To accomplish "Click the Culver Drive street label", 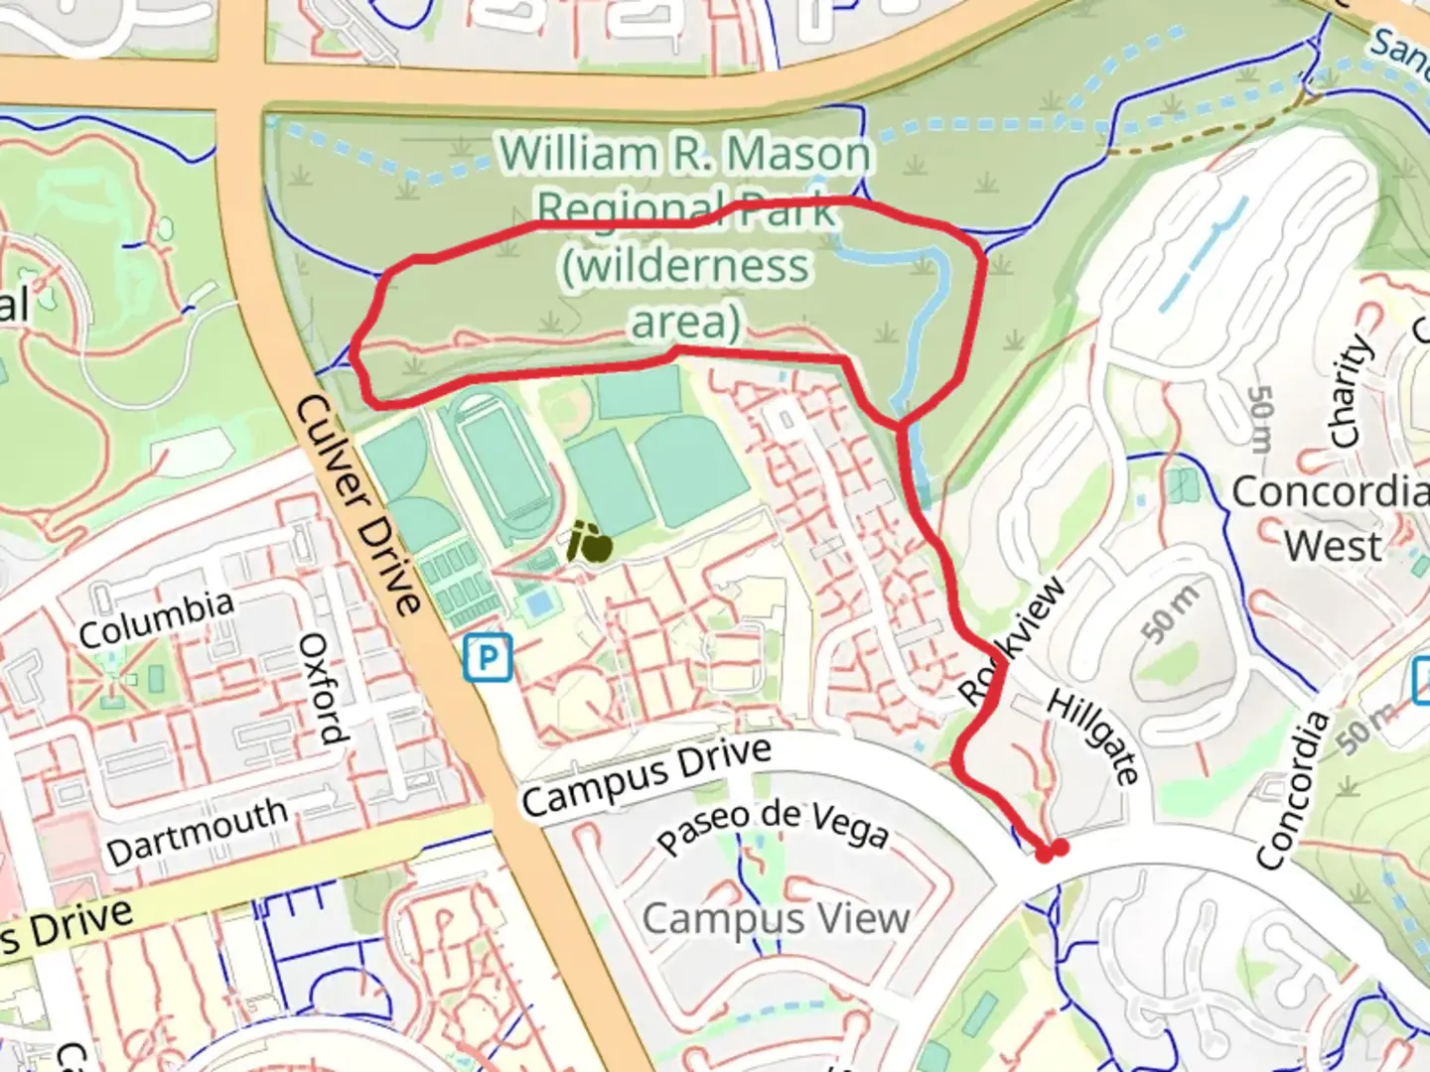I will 358,504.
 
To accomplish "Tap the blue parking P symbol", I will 488,657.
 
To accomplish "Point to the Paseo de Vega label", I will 773,827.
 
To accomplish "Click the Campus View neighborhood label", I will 776,918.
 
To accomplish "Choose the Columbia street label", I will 156,618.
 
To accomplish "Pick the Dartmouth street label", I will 197,831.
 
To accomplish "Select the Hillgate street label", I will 1093,737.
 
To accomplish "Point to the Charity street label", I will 1350,391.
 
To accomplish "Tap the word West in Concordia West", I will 1333,546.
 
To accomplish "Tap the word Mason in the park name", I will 798,155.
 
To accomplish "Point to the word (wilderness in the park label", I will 686,266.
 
